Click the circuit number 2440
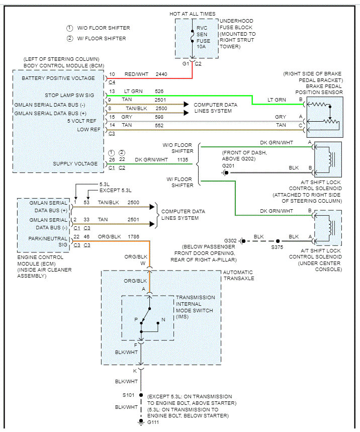tap(162, 74)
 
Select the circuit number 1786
tap(129, 236)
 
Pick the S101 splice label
tap(129, 395)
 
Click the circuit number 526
tap(159, 91)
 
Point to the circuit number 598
tap(159, 117)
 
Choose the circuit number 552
tap(159, 125)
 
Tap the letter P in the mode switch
tap(136, 319)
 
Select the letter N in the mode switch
tap(163, 319)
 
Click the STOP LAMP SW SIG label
tap(69, 95)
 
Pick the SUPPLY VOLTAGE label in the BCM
tap(75, 163)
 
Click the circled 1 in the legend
tap(69, 28)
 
